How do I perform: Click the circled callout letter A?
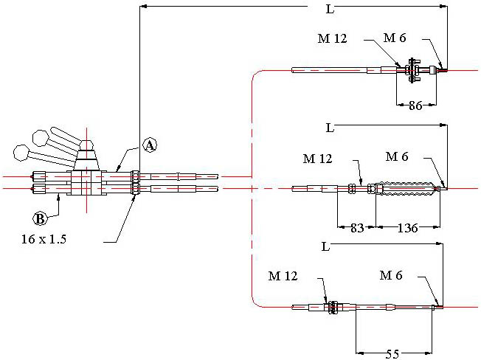[149, 146]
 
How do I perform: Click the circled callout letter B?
[41, 218]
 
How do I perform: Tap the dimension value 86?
[416, 105]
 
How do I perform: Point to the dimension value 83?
[357, 228]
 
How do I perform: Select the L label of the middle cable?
[330, 128]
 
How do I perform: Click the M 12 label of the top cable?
[333, 38]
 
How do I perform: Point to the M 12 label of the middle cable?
[318, 158]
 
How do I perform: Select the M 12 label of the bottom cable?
[283, 277]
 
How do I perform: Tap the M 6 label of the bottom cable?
[392, 275]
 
